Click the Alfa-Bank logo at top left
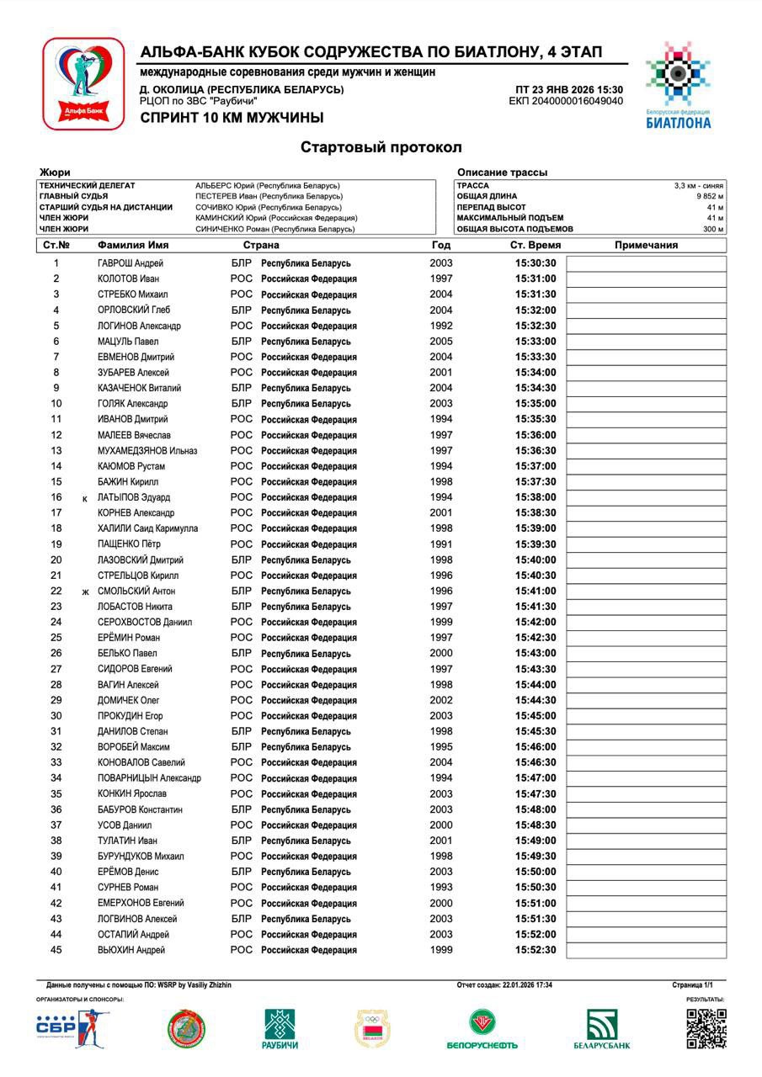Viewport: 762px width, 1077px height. click(83, 83)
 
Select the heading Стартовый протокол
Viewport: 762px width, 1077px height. click(381, 147)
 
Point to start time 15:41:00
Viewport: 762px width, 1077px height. click(536, 592)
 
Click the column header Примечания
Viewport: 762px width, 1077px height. click(646, 246)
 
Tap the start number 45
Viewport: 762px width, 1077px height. click(56, 950)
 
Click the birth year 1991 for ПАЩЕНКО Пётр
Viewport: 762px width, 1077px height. click(441, 544)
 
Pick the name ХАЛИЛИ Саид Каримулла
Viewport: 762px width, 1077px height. click(147, 528)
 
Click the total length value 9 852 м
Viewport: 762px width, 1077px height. click(710, 196)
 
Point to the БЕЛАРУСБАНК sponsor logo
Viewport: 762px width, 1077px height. click(601, 1029)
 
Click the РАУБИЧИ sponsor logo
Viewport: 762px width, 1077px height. click(280, 1029)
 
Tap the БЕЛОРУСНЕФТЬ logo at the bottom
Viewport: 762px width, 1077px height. click(482, 1029)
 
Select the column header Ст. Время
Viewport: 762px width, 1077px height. click(536, 246)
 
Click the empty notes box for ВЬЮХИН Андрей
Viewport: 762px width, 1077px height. click(646, 951)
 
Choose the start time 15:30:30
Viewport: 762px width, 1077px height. click(536, 263)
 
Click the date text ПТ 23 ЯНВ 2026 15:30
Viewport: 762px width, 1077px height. click(569, 90)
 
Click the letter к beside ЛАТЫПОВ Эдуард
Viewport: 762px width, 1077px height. click(85, 499)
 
